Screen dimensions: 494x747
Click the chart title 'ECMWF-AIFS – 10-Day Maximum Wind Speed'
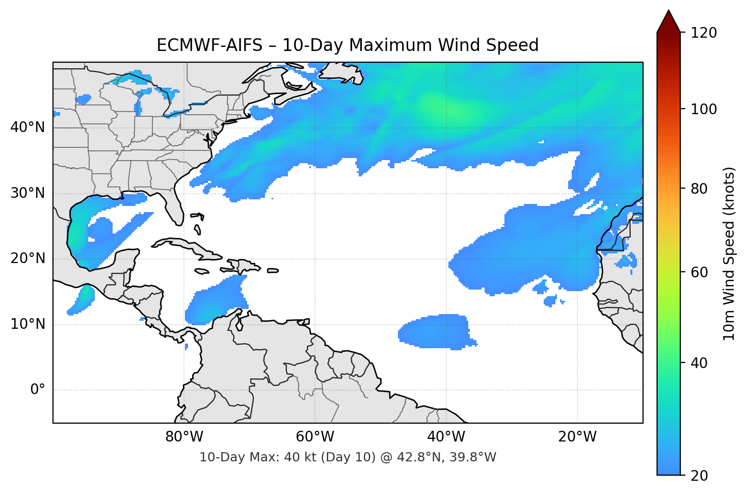348,45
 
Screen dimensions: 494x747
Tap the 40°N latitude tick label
28,127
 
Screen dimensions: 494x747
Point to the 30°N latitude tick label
28,193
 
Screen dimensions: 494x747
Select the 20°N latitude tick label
28,258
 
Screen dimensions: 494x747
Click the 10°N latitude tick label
28,324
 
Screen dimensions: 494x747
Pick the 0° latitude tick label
38,390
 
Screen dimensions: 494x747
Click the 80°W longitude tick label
184,437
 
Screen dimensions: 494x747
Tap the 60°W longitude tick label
315,437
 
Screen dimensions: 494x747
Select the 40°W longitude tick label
446,437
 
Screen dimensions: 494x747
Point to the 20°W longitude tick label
577,437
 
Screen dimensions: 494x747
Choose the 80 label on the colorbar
699,189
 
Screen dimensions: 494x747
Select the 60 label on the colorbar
699,272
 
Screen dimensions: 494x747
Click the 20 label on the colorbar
699,476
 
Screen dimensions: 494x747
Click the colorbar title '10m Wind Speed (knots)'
729,253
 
